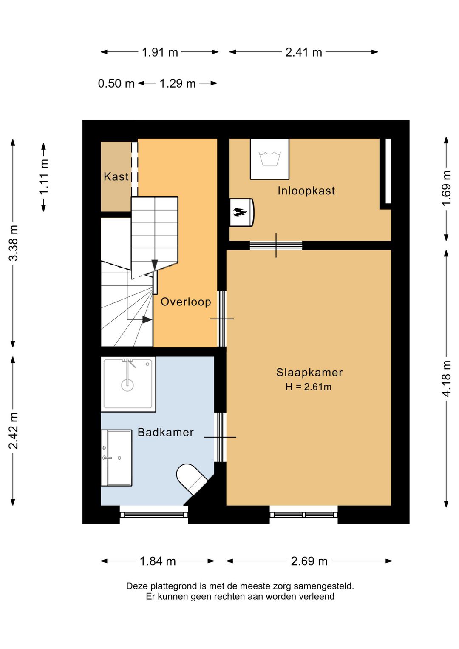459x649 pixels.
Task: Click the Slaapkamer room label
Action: click(x=309, y=372)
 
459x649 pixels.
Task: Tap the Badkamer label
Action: click(x=166, y=432)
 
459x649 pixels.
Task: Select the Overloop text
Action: click(x=186, y=302)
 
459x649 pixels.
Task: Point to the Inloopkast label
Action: click(x=306, y=191)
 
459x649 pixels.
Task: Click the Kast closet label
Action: click(x=116, y=176)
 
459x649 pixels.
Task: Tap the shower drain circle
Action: click(x=127, y=385)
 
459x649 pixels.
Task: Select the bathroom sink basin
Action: click(x=117, y=458)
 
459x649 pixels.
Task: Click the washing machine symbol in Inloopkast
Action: click(x=269, y=159)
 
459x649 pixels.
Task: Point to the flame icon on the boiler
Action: click(x=241, y=212)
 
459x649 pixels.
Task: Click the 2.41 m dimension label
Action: click(x=304, y=52)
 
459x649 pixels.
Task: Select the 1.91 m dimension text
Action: click(x=160, y=52)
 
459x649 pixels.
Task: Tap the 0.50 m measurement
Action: click(x=116, y=83)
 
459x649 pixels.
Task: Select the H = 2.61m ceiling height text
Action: click(x=309, y=387)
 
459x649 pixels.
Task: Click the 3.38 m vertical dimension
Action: click(x=13, y=243)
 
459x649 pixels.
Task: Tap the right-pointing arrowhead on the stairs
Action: click(x=147, y=319)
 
